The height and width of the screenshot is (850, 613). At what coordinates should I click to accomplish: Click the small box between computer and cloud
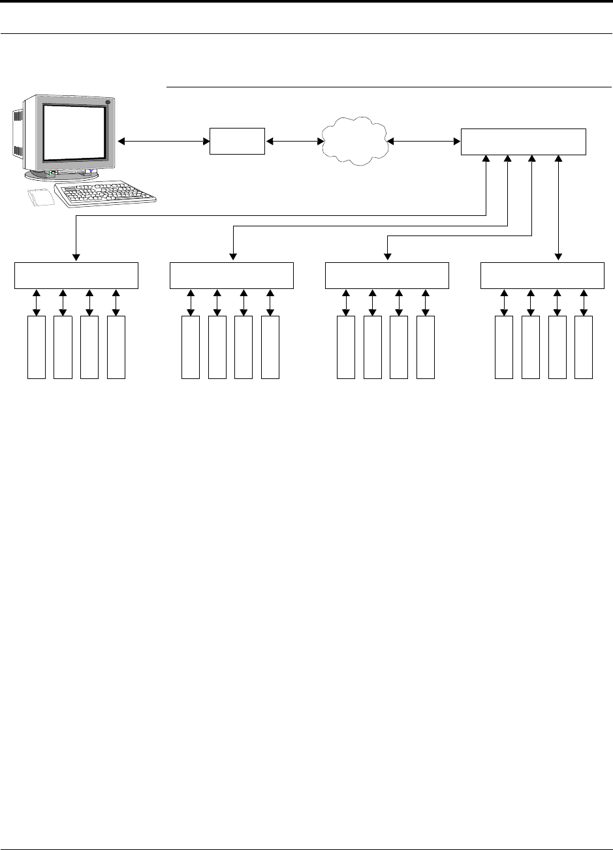[237, 141]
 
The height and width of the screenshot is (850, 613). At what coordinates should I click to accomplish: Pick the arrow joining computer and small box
[163, 141]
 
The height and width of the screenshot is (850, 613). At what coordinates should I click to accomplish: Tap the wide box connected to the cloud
[524, 142]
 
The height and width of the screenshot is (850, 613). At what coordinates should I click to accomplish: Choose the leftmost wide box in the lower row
[76, 275]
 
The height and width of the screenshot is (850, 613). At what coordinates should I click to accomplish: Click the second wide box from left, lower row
[232, 275]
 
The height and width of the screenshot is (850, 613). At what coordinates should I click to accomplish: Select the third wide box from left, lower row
[387, 275]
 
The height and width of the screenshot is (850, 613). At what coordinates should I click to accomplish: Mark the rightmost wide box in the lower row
[542, 275]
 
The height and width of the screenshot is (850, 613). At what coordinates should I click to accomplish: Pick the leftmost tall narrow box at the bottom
[37, 347]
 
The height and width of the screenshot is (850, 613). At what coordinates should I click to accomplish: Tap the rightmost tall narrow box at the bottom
[584, 347]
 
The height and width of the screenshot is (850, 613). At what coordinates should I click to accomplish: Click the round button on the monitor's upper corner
[108, 102]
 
